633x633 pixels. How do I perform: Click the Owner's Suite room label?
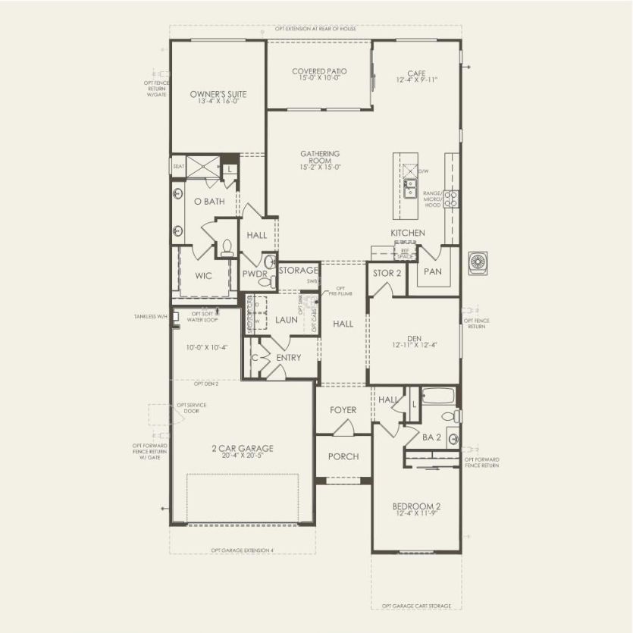(218, 95)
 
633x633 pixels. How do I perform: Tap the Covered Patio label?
(319, 72)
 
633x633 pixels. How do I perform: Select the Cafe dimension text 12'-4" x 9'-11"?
(416, 80)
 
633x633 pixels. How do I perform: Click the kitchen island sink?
(410, 183)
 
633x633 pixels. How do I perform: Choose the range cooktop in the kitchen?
(451, 199)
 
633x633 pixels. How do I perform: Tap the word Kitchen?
(407, 233)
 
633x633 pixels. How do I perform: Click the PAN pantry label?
(432, 271)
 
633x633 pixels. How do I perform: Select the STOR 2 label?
(387, 273)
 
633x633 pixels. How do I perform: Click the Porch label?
(343, 456)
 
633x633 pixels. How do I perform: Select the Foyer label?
(343, 410)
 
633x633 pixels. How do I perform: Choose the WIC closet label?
(203, 275)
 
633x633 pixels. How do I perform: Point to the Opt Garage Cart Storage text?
(415, 606)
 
